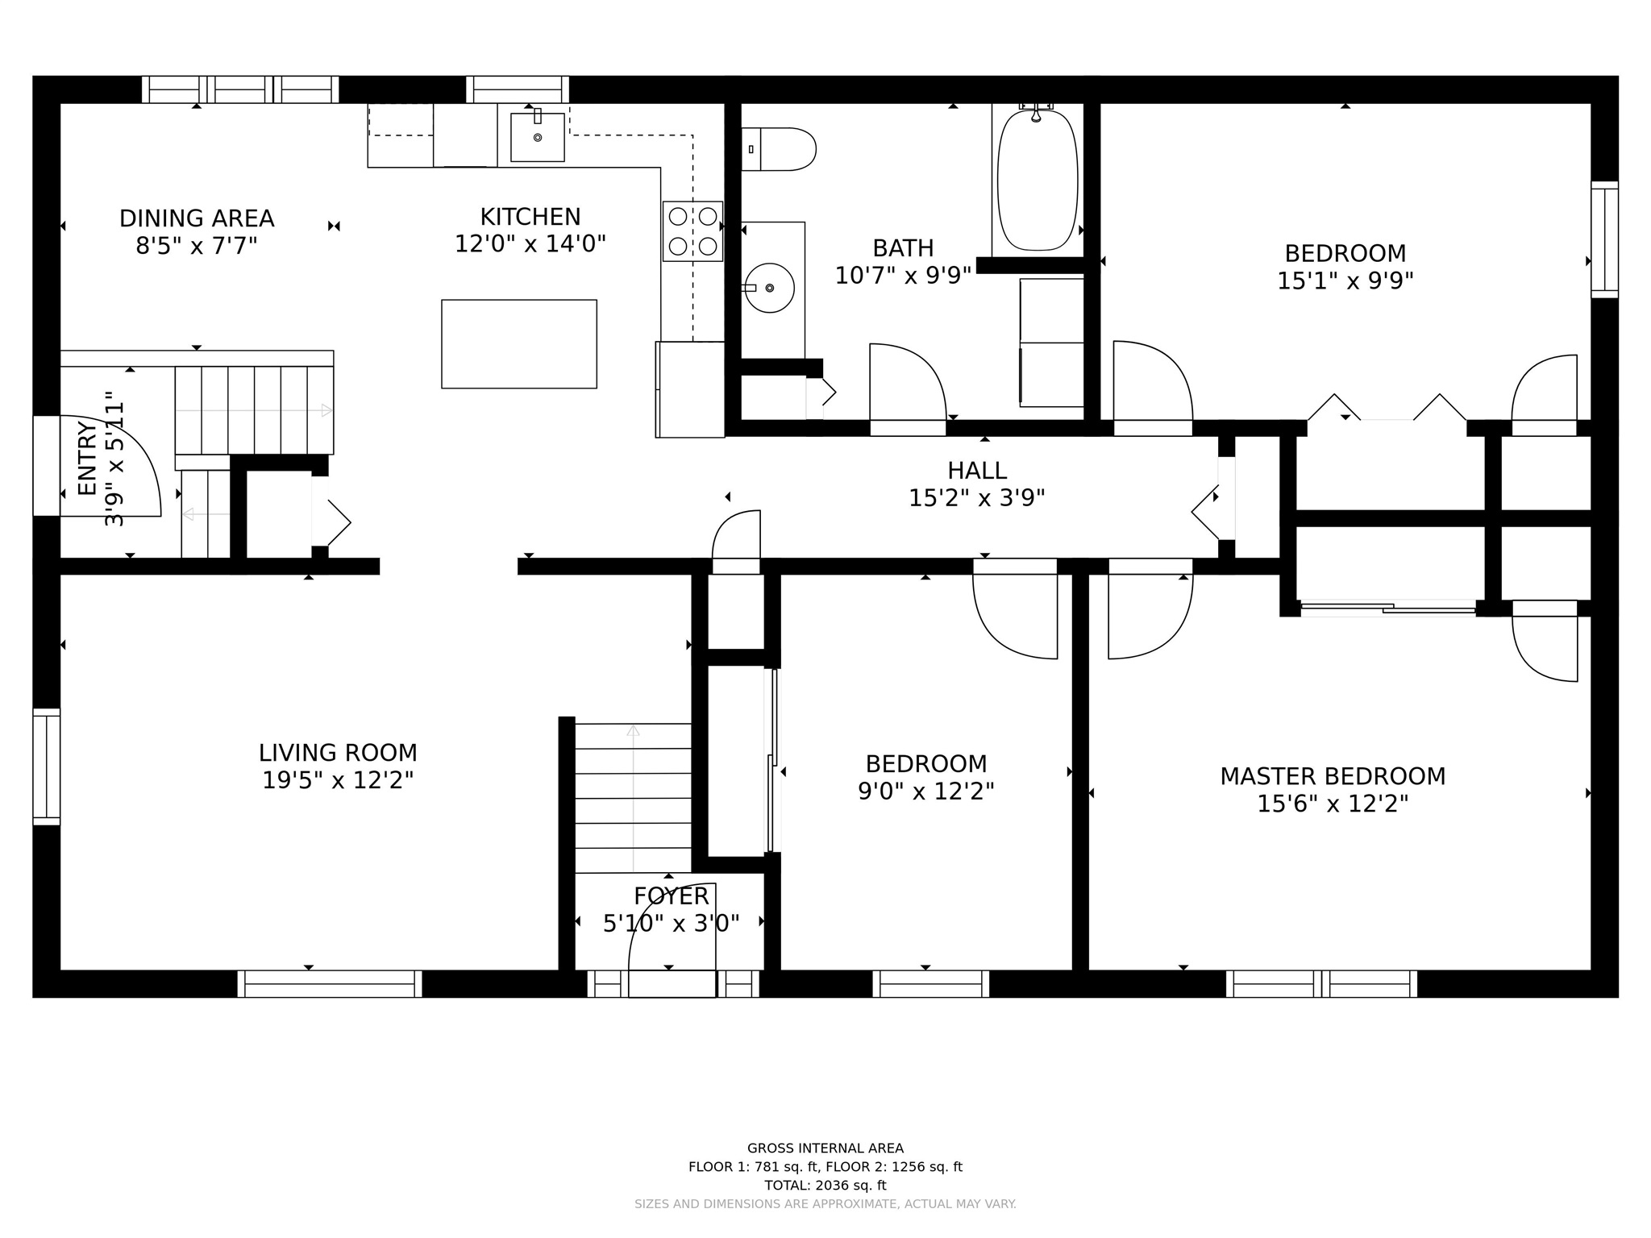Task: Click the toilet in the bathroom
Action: click(778, 149)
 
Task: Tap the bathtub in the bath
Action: click(1038, 180)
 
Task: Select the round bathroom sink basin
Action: click(769, 288)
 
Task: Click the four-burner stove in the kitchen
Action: click(692, 231)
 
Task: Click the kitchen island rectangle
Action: click(519, 344)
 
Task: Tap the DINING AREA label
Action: click(197, 218)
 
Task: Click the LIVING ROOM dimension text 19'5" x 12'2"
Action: click(338, 780)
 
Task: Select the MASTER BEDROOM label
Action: click(1333, 776)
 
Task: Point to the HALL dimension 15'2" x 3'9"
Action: click(977, 498)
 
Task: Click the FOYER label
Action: click(671, 896)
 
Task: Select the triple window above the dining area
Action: click(240, 89)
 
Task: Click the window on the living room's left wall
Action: click(47, 766)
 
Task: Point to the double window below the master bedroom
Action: click(1321, 983)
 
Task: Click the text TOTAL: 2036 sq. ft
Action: click(825, 1186)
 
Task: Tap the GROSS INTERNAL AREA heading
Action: click(825, 1149)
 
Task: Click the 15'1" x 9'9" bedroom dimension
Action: click(1345, 280)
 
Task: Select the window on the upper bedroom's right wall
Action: click(1604, 239)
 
